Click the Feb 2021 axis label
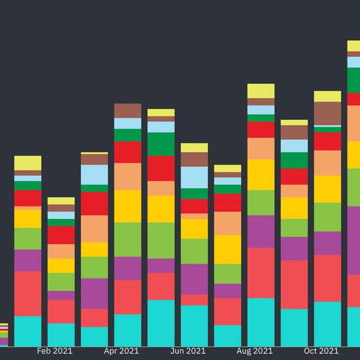click(55, 351)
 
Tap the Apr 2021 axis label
click(121, 351)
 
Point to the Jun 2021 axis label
click(188, 351)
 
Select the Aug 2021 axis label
click(254, 351)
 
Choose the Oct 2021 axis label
click(321, 351)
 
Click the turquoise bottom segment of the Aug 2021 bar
click(261, 322)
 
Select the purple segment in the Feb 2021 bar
click(61, 295)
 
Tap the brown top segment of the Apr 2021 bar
click(128, 110)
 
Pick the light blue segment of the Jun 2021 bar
click(194, 177)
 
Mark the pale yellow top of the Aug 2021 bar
click(261, 91)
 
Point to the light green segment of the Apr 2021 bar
click(128, 239)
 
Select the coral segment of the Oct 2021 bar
click(328, 278)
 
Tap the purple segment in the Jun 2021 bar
click(194, 279)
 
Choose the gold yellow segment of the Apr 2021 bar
click(128, 206)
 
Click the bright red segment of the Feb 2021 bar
click(61, 235)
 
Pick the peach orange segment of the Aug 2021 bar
click(261, 148)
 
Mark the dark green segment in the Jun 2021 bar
click(194, 194)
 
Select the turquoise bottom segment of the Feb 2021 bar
click(61, 335)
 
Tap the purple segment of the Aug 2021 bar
click(261, 231)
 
